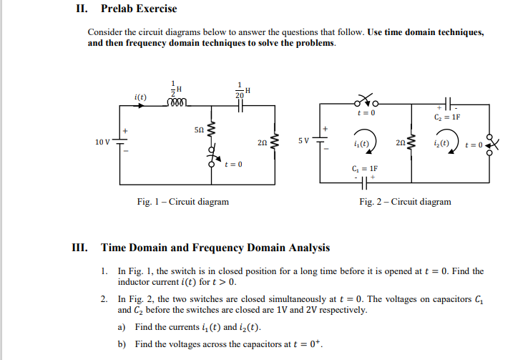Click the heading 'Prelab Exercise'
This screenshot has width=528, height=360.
(139, 9)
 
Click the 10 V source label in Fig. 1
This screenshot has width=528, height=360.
(102, 141)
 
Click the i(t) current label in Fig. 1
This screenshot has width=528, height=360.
(141, 96)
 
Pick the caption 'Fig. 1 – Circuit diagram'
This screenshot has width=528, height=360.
(183, 202)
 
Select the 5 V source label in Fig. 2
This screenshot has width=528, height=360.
(304, 140)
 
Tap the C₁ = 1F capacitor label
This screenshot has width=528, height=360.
(370, 169)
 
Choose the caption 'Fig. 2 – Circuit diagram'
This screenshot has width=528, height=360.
(405, 202)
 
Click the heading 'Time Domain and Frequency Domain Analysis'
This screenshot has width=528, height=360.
(215, 248)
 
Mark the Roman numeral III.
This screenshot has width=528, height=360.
(80, 248)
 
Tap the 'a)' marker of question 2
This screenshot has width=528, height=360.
(122, 327)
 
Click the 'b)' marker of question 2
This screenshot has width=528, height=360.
(122, 344)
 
